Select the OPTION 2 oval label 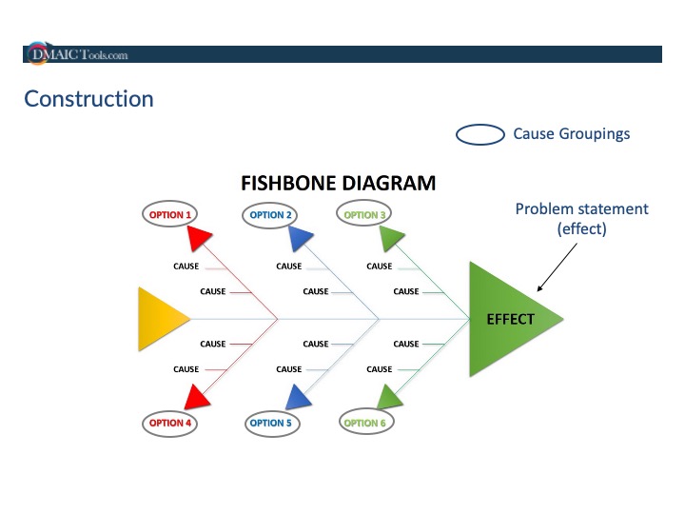point(270,215)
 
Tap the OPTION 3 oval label point(364,215)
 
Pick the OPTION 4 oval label point(169,423)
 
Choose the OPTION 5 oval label point(270,423)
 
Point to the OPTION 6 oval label point(364,423)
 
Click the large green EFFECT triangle point(504,319)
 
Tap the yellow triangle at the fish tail point(159,318)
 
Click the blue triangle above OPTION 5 point(298,396)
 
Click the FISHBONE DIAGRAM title point(338,183)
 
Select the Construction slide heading point(88,99)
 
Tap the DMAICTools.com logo point(76,54)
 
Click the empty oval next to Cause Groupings point(479,134)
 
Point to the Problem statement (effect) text point(581,219)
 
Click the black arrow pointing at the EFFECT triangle point(557,267)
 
